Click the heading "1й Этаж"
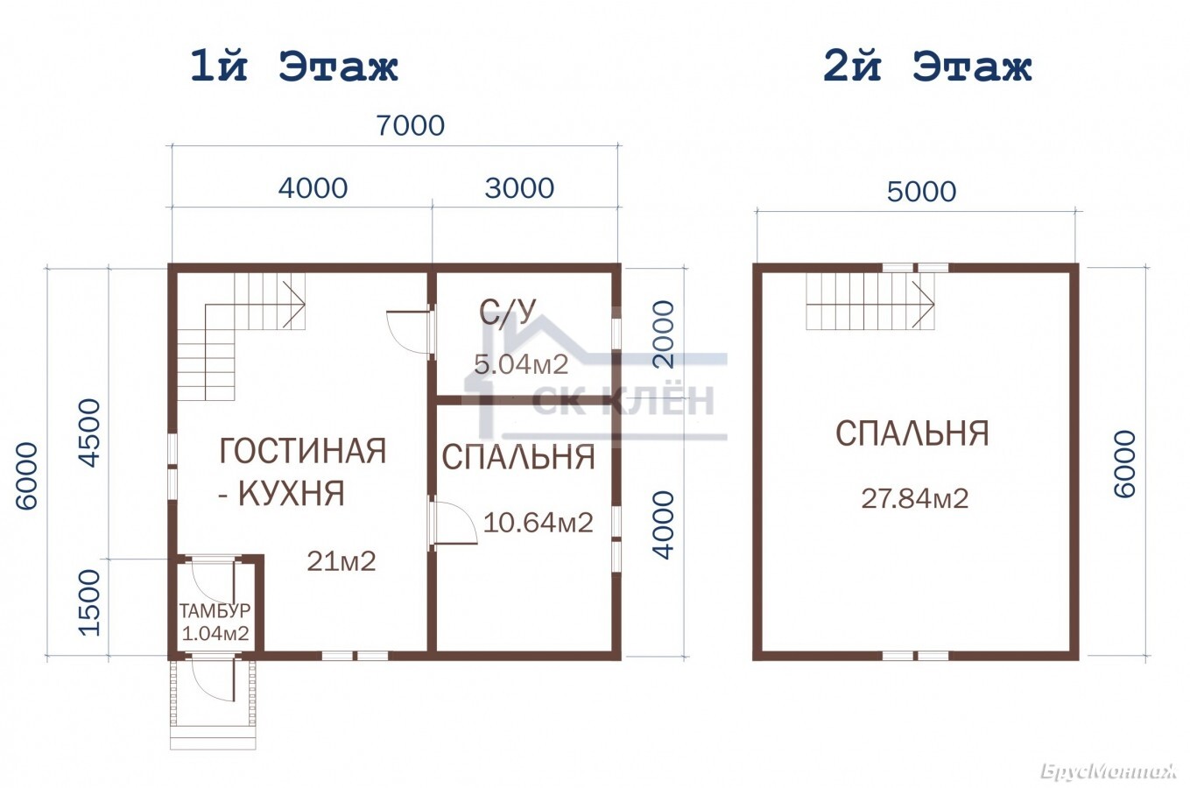click(294, 67)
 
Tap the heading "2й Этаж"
click(927, 67)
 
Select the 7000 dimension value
click(410, 125)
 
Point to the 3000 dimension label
click(519, 188)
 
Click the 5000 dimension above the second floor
click(922, 191)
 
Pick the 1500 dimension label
click(89, 602)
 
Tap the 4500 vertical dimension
click(89, 433)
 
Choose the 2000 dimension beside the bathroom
click(664, 334)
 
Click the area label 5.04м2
click(521, 364)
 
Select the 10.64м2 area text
click(539, 523)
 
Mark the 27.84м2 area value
click(915, 499)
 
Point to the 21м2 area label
click(342, 561)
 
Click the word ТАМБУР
click(215, 611)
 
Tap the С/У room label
click(507, 312)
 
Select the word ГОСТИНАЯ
click(303, 451)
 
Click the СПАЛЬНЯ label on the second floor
click(912, 433)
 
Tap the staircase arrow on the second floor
click(923, 304)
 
